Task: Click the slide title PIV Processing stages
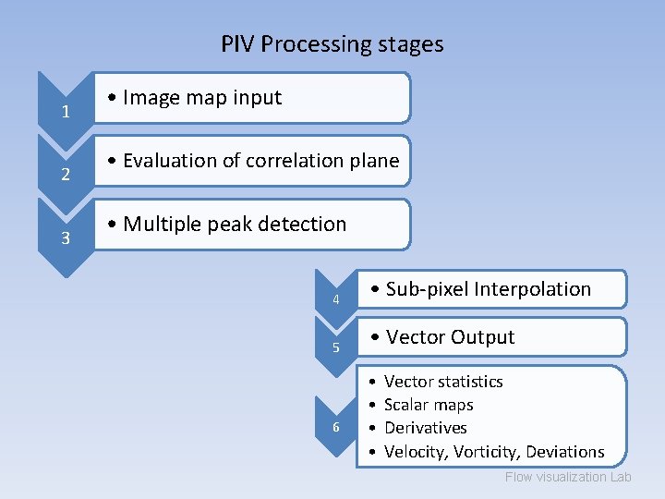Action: (332, 43)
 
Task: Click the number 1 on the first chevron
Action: (66, 113)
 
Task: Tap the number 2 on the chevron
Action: (66, 176)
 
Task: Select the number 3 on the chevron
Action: (66, 238)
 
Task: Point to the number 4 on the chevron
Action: (336, 299)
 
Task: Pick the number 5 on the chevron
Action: (336, 347)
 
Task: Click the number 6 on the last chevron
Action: (336, 427)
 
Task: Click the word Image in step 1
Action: (151, 97)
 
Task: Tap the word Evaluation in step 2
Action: (172, 160)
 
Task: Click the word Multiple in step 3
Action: (161, 224)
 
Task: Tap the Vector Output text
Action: (450, 337)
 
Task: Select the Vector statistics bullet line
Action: (443, 382)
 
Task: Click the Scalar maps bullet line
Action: (429, 405)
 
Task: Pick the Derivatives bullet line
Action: (426, 428)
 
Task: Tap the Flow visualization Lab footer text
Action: (568, 477)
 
